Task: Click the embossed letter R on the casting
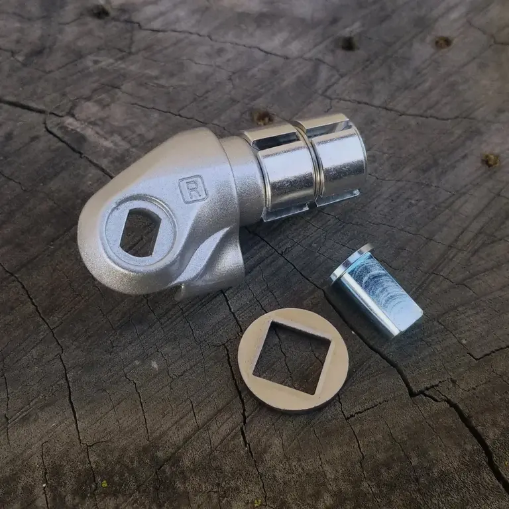pos(192,190)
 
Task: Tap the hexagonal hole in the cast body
pos(141,232)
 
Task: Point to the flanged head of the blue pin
pos(351,264)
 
